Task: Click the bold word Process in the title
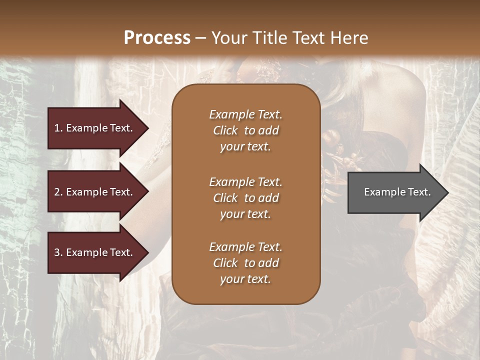157,38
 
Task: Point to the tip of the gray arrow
447,192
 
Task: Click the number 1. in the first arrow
58,128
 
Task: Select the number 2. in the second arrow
58,192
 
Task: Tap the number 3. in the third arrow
58,252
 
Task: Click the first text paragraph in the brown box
245,130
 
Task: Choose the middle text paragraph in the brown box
245,198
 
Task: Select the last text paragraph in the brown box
245,263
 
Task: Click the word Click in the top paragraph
225,130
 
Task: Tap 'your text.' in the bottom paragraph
245,279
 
